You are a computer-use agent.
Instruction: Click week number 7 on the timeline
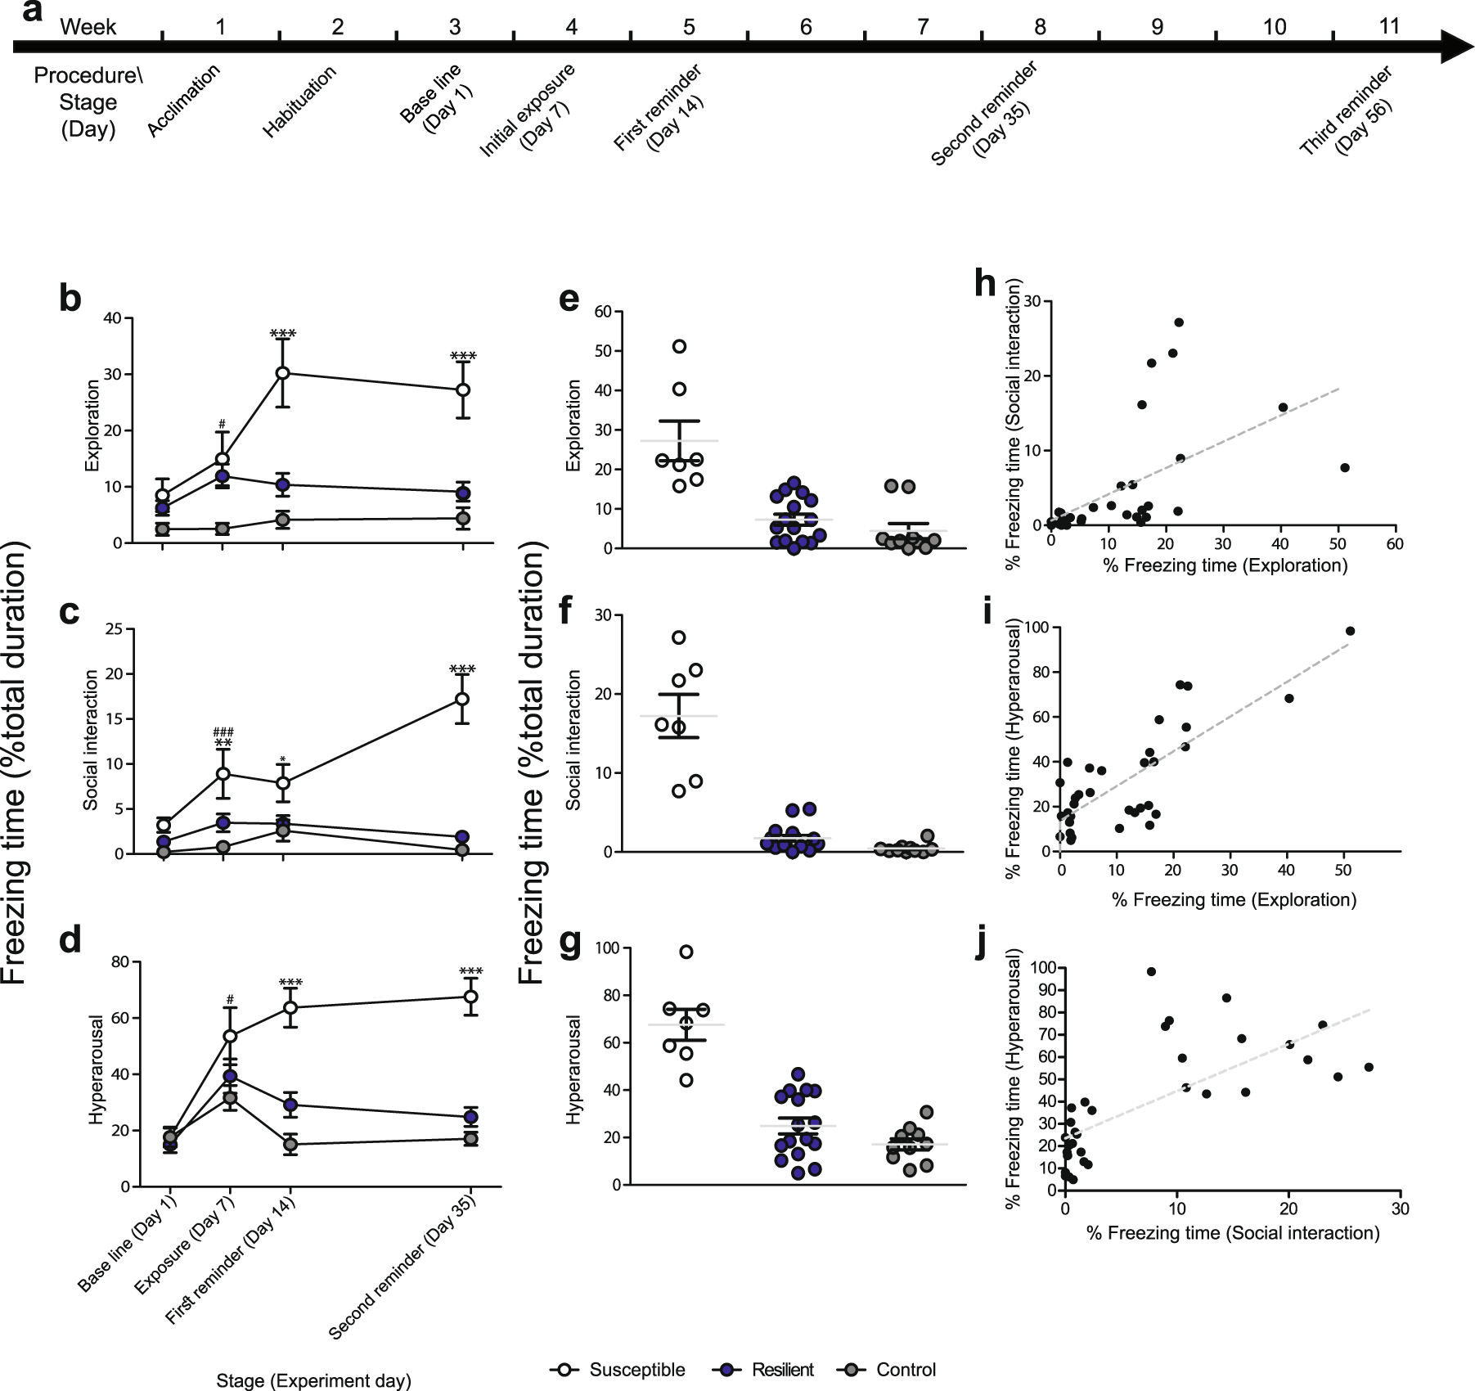coord(922,27)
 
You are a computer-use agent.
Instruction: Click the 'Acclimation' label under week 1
coord(184,101)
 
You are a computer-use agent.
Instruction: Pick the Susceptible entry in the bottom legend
coord(618,1369)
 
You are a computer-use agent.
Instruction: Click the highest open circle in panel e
coord(679,346)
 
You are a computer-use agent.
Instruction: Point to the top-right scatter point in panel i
coord(1350,631)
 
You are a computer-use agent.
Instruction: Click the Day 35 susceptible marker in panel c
coord(461,699)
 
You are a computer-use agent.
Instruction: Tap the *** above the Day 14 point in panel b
coord(283,333)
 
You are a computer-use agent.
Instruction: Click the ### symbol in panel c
coord(223,732)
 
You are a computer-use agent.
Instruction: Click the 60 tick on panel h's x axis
coord(1394,544)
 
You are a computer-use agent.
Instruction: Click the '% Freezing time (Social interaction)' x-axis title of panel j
coord(1233,1233)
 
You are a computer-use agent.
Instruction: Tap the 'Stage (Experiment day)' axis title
coord(313,1380)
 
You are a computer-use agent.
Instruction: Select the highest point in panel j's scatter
coord(1151,971)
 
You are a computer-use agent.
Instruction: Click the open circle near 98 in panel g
coord(686,952)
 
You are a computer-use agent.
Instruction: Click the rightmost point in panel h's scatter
coord(1344,467)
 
